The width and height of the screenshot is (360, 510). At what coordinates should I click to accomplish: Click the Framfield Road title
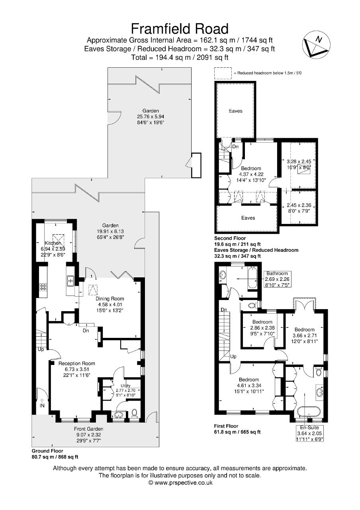(x=180, y=29)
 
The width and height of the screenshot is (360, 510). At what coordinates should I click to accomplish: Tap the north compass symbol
(x=316, y=43)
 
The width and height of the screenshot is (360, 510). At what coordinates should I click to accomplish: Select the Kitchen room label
(x=53, y=243)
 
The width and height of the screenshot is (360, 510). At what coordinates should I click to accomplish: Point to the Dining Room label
(x=110, y=299)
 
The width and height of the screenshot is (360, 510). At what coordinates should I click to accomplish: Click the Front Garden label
(x=88, y=429)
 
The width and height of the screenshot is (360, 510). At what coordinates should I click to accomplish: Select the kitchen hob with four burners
(x=43, y=286)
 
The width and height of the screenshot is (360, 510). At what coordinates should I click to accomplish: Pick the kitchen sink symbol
(x=70, y=280)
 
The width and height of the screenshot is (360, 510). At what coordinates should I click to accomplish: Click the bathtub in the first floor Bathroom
(x=252, y=278)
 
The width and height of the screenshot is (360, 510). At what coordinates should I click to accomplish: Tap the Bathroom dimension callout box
(x=277, y=279)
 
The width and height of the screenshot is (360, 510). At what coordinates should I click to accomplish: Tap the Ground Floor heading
(x=47, y=451)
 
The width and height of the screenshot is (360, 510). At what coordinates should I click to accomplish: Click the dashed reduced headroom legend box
(x=223, y=73)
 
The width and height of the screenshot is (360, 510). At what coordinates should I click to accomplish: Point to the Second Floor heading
(x=230, y=238)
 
